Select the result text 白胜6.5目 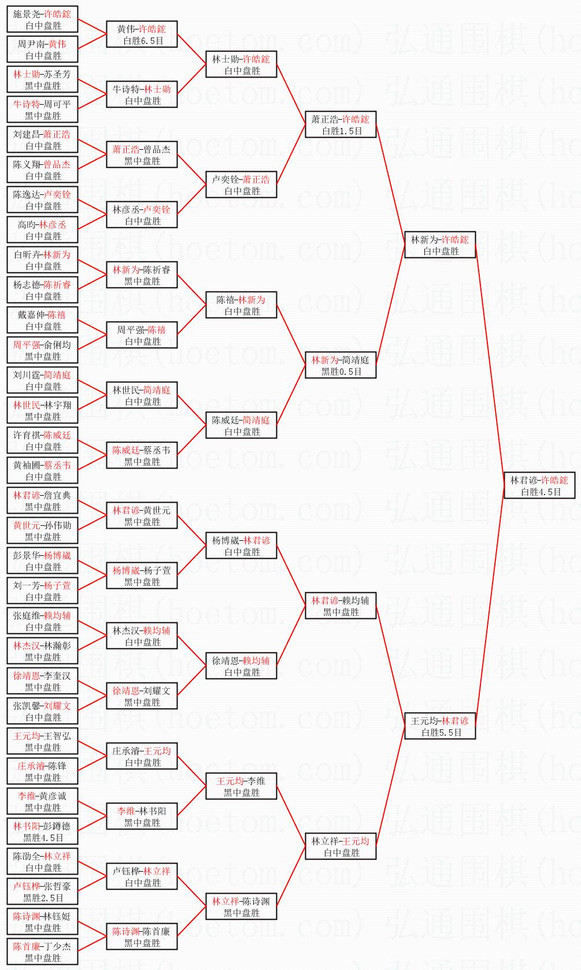pyautogui.click(x=143, y=41)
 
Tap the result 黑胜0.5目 pyautogui.click(x=341, y=372)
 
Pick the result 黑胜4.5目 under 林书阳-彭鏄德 pyautogui.click(x=43, y=838)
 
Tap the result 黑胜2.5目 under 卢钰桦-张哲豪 pyautogui.click(x=43, y=898)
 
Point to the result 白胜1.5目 pyautogui.click(x=341, y=131)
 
